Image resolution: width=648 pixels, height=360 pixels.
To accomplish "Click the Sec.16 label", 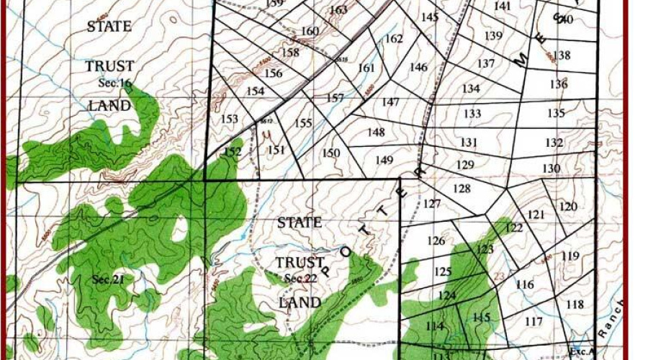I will coord(115,84).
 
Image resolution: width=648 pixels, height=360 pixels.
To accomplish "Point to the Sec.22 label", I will coord(300,278).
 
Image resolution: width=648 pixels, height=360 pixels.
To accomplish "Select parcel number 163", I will coord(338,10).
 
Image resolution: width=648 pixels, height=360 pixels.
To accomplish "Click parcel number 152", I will coord(233,152).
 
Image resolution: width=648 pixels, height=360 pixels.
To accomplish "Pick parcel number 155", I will coord(303,123).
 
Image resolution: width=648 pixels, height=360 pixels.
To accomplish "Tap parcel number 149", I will coord(384,160).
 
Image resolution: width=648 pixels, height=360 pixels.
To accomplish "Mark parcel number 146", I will coord(418,67).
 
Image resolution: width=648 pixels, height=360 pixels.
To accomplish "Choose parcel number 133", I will coord(472,114).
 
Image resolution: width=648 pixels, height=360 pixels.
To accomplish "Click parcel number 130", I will coord(552,168).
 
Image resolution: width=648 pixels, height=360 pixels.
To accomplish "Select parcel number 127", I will coord(432,204).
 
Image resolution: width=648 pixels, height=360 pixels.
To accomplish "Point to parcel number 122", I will coord(514,228).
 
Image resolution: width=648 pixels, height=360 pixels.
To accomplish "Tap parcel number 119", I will coord(570,256).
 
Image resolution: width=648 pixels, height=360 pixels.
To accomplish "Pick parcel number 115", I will coord(481,318).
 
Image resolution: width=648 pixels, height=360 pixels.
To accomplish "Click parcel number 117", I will coord(534,321).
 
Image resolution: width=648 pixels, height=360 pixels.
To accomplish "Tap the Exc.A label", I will coord(581,352).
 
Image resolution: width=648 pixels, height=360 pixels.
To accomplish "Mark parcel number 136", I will coord(559,84).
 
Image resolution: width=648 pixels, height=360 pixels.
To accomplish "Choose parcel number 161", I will coord(366,68).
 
